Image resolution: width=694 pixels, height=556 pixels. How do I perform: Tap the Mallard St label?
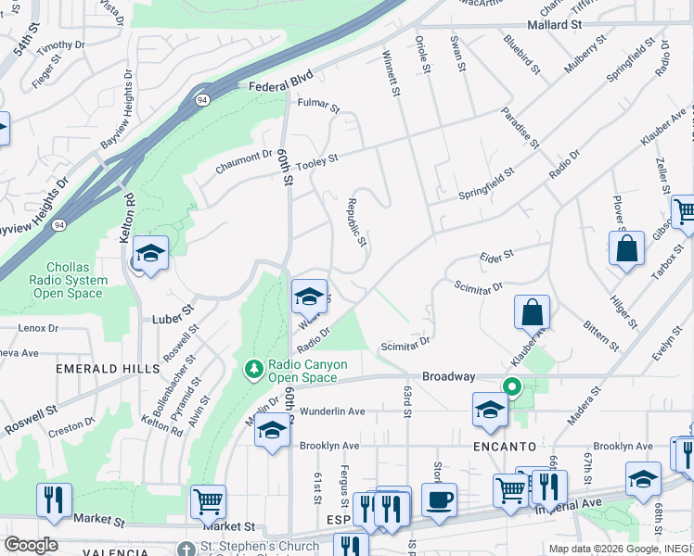pos(560,25)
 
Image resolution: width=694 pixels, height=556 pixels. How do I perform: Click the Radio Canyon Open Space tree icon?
pos(253,371)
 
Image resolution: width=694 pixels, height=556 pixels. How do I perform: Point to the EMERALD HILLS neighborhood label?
pos(101,368)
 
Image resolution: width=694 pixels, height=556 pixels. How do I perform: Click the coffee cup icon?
pos(439,499)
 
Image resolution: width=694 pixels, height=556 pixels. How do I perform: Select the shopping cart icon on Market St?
pos(208,501)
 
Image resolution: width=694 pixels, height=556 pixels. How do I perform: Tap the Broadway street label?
pos(448,377)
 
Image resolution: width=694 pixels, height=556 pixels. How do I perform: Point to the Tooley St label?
pos(317,160)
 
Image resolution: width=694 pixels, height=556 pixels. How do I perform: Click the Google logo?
pos(31,545)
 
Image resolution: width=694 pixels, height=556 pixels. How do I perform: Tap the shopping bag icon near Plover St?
pos(626,248)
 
